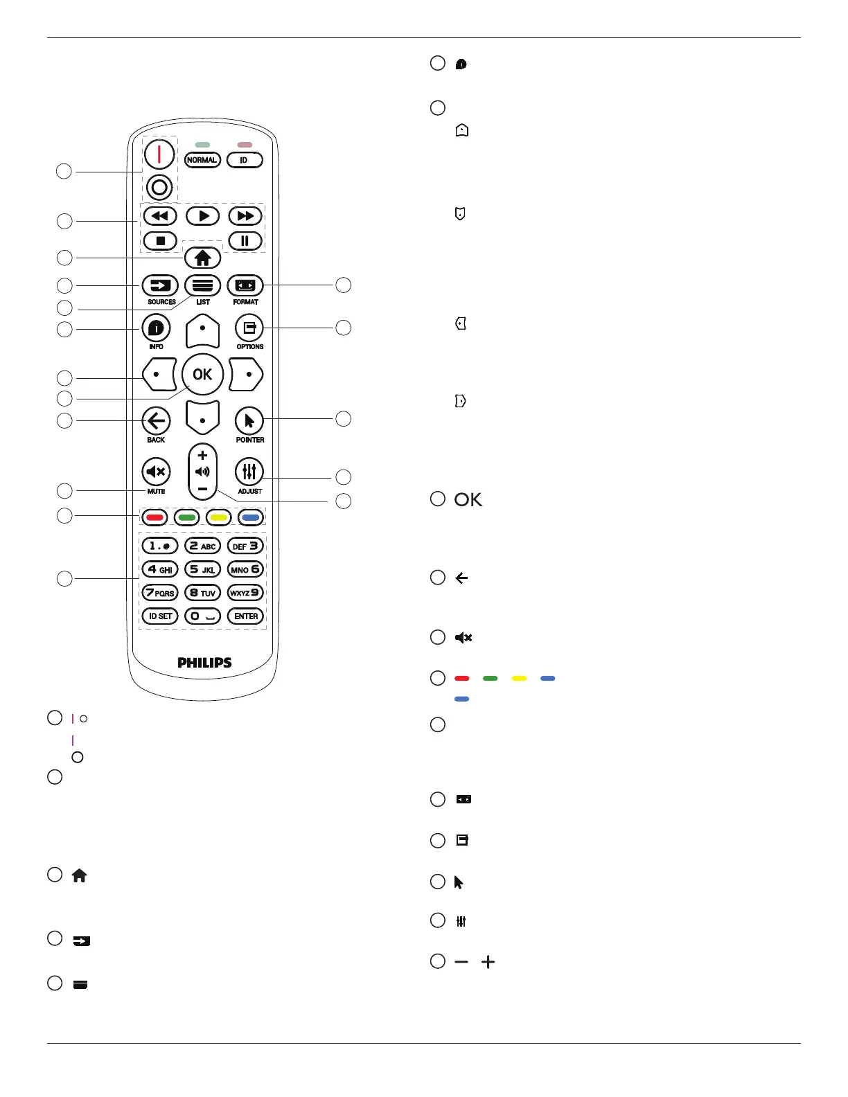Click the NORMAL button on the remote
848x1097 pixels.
(x=202, y=160)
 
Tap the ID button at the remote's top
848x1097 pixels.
(x=245, y=160)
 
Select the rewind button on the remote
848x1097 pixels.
(x=160, y=216)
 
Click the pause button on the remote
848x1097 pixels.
(x=245, y=241)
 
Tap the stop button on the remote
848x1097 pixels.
(x=160, y=241)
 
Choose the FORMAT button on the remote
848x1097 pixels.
(x=245, y=285)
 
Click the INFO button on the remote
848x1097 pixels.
(x=157, y=328)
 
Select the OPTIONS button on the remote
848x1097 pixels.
(x=249, y=327)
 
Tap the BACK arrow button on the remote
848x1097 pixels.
(x=157, y=420)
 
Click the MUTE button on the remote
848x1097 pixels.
(x=157, y=472)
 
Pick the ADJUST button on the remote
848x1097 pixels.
(x=249, y=472)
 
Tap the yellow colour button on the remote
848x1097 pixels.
(x=219, y=517)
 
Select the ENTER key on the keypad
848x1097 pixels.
(x=246, y=616)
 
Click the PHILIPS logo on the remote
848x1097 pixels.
(x=204, y=663)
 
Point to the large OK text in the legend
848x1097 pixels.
(x=468, y=500)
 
